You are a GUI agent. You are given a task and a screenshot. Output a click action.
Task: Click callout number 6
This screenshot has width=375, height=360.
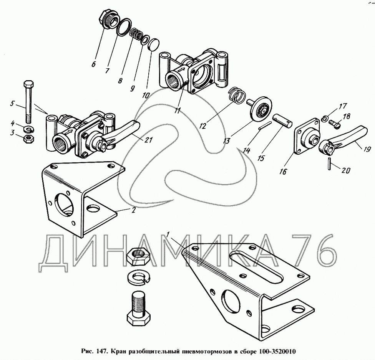[93, 64]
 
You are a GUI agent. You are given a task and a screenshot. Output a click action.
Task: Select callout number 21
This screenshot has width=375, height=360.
[149, 140]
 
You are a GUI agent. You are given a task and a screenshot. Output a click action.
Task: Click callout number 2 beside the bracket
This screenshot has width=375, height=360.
[133, 210]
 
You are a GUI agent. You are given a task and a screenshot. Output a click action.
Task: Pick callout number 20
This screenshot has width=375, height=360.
[345, 171]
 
